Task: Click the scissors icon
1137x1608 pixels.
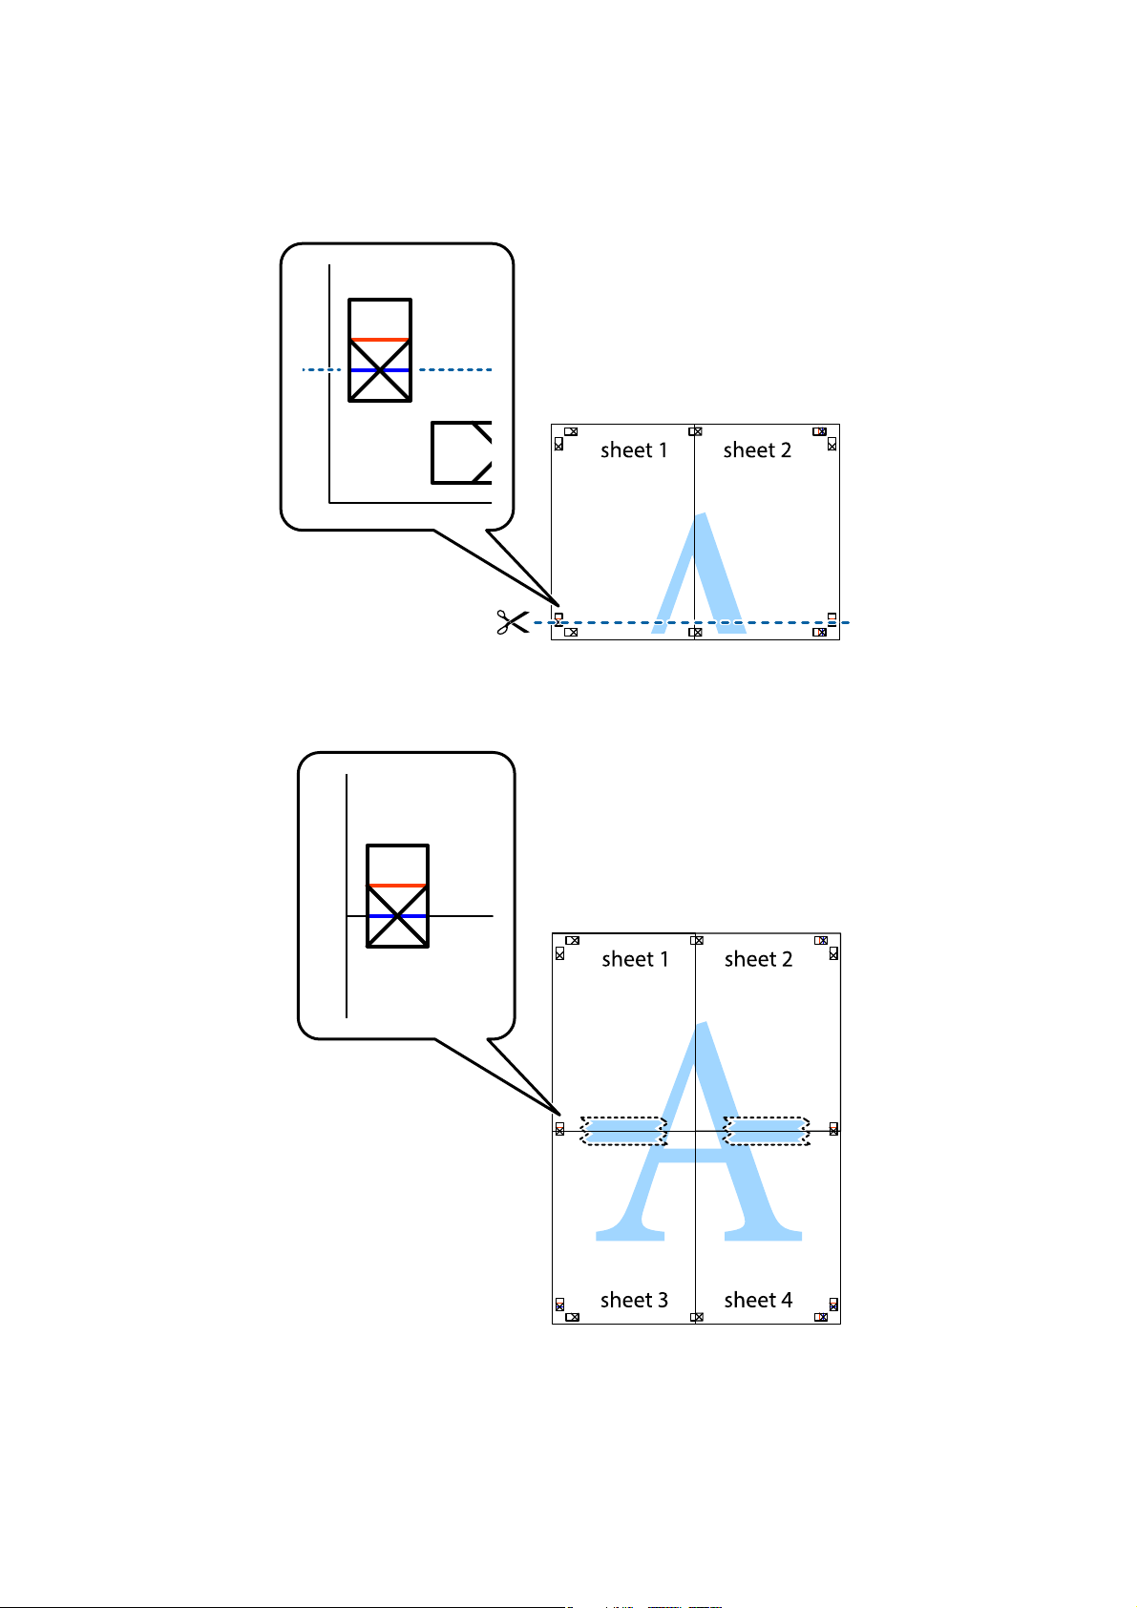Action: [x=512, y=622]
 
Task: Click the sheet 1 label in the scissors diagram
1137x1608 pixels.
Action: [x=634, y=450]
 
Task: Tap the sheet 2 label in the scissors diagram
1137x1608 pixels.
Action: [x=757, y=450]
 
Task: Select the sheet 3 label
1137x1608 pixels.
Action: [x=634, y=1300]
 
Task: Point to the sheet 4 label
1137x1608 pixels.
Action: [x=758, y=1300]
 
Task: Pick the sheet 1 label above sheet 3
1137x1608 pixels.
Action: [x=635, y=959]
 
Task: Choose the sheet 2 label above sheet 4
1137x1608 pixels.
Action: [x=758, y=959]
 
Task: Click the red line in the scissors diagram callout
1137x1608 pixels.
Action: [x=380, y=339]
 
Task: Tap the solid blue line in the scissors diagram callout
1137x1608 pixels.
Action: [x=380, y=369]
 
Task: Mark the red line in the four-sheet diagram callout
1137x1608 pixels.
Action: [x=397, y=886]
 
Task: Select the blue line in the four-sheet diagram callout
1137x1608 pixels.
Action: [x=397, y=916]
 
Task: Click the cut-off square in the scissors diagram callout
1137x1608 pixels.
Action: [x=462, y=452]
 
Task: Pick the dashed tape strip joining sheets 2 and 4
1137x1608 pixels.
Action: [x=767, y=1131]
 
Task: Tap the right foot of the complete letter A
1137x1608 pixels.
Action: [x=764, y=1233]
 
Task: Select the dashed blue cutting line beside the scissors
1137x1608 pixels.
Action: [x=697, y=622]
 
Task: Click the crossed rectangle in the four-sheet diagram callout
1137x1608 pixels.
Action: [x=397, y=896]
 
